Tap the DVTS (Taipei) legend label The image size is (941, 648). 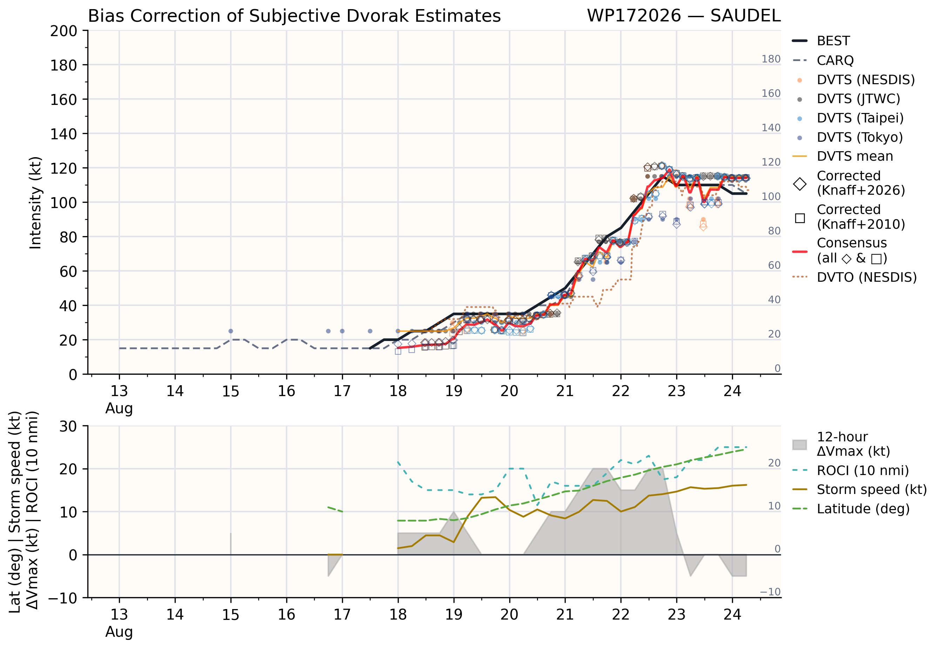pyautogui.click(x=860, y=118)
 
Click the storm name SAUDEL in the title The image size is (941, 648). pyautogui.click(x=745, y=16)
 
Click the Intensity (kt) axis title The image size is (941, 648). pyautogui.click(x=35, y=202)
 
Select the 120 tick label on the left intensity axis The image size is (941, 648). pyautogui.click(x=64, y=168)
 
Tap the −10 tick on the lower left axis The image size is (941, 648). pyautogui.click(x=62, y=598)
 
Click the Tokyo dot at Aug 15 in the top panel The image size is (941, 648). pyautogui.click(x=231, y=331)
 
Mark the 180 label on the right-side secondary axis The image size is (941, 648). pyautogui.click(x=771, y=59)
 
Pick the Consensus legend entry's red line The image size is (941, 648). pyautogui.click(x=800, y=252)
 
